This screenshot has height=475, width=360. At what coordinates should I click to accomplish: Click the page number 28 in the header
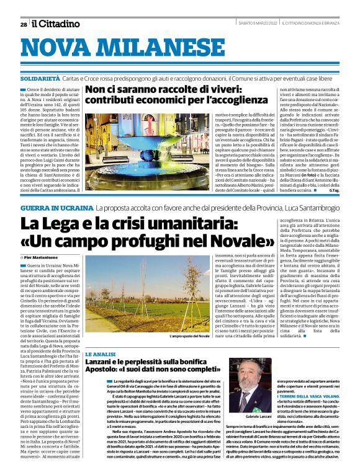coord(24,25)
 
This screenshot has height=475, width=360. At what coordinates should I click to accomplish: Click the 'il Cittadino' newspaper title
coord(56,24)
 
